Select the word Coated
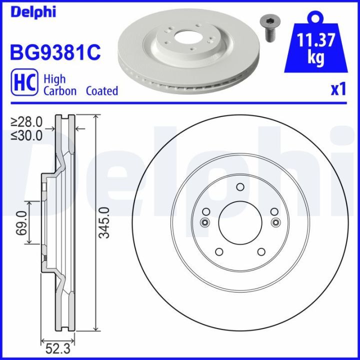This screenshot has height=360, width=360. pos(102,91)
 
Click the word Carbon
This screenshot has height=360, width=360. pos(60,91)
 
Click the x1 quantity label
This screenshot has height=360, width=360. pos(338,90)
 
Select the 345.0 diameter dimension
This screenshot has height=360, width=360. pos(104,222)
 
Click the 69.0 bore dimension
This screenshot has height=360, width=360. pos(20,222)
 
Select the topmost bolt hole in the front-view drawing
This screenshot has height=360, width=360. pos(239,188)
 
